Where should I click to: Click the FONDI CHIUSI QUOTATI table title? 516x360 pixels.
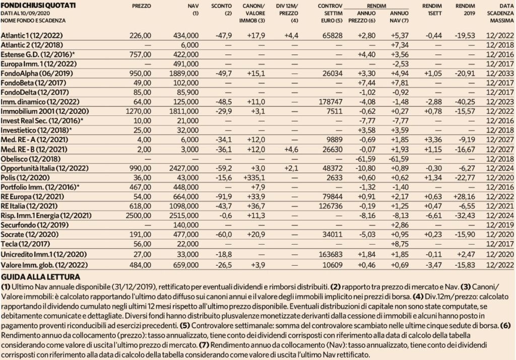(x=38, y=6)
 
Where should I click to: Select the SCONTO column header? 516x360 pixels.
(x=222, y=6)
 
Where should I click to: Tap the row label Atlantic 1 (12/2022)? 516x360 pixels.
(x=32, y=36)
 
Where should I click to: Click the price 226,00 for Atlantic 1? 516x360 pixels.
(x=140, y=36)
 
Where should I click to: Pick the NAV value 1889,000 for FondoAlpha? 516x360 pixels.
(x=184, y=74)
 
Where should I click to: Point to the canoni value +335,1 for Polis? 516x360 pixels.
(x=254, y=178)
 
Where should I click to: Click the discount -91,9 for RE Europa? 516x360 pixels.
(x=223, y=197)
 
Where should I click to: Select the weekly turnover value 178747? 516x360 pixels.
(x=331, y=102)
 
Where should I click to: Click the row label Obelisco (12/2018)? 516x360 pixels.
(x=31, y=159)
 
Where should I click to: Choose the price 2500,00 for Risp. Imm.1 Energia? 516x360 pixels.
(x=139, y=216)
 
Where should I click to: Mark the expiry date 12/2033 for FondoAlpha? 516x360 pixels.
(x=500, y=74)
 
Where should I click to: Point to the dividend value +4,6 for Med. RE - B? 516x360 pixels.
(x=291, y=150)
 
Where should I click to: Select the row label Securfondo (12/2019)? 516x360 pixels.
(x=35, y=225)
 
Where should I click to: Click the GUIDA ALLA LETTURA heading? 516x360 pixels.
(x=40, y=277)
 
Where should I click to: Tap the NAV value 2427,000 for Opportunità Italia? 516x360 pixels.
(x=184, y=168)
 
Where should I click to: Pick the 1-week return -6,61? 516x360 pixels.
(x=433, y=216)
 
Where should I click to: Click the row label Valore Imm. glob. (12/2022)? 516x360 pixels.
(x=44, y=265)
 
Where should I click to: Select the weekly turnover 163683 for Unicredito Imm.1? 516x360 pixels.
(x=331, y=255)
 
